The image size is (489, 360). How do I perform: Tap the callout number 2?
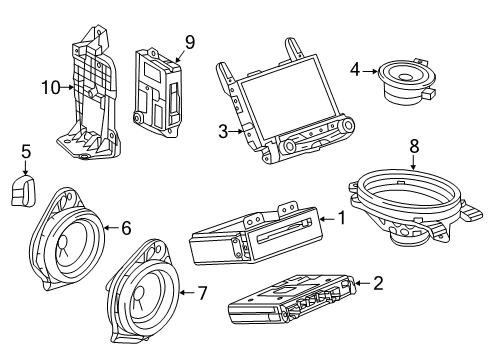coord(377,284)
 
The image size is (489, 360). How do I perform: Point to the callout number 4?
coord(355,69)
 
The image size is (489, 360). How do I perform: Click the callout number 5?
coord(27,153)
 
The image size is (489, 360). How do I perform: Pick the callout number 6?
coord(126,228)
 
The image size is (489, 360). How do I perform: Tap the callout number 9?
coord(189,42)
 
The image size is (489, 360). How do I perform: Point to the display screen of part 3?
coord(280,98)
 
